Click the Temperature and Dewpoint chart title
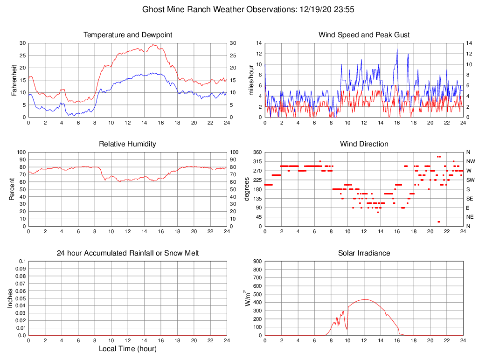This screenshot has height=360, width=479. point(127,35)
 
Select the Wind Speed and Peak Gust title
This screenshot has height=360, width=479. point(364,35)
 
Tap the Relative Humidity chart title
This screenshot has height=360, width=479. point(127,144)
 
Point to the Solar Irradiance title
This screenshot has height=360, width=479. point(364,253)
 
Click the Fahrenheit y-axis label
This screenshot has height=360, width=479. point(14,80)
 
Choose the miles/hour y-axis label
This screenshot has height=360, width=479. point(251,80)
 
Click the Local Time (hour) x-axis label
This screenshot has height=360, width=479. point(127,349)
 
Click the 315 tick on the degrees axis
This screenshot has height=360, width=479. point(257,161)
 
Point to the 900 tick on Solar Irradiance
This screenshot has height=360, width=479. point(257,262)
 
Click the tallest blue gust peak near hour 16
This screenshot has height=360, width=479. point(397,48)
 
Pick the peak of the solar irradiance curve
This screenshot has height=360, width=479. point(364,299)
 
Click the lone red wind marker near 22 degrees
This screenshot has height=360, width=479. point(438,222)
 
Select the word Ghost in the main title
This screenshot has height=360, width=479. point(153,9)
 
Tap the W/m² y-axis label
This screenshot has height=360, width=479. point(248,298)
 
